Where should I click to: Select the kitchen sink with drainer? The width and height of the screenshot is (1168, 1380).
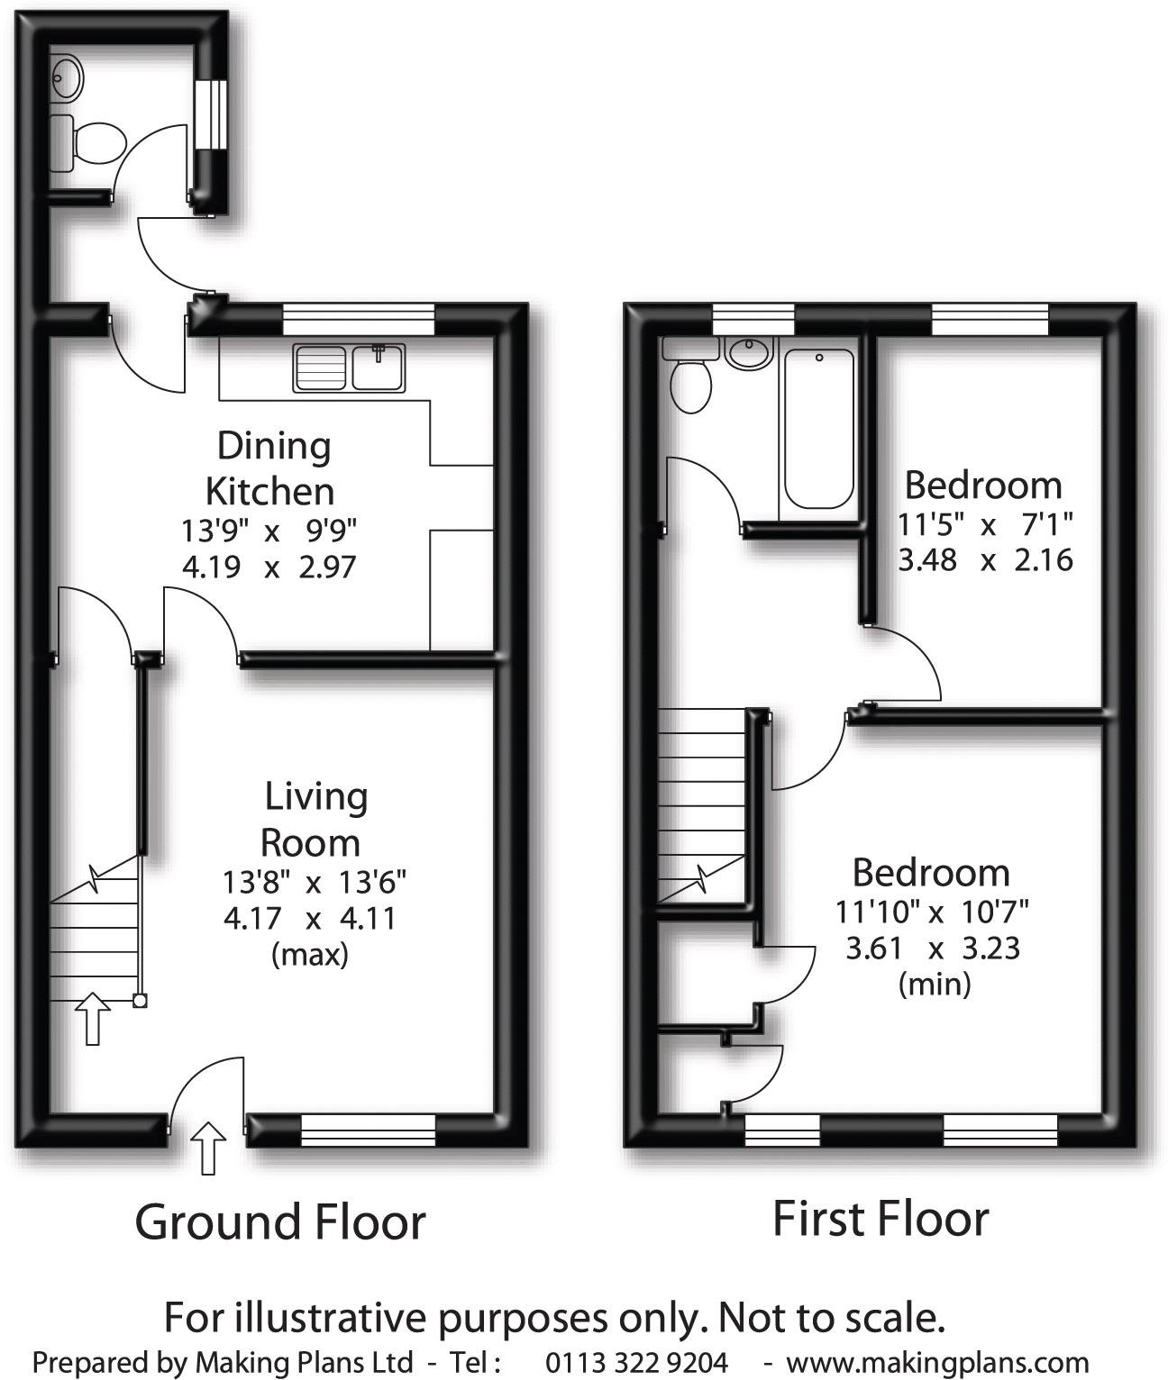[349, 368]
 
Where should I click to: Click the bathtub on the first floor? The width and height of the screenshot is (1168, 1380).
[818, 429]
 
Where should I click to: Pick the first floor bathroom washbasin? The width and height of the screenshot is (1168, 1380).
[749, 352]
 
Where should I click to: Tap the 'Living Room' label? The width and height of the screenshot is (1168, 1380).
[314, 819]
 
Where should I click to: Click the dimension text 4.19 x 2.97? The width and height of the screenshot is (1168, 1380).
[269, 567]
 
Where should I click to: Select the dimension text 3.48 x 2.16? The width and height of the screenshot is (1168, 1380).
[985, 559]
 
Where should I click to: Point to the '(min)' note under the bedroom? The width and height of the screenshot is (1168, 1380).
[935, 984]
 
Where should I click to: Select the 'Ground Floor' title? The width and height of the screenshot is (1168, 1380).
[280, 1221]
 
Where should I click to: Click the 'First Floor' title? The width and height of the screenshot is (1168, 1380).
[881, 1219]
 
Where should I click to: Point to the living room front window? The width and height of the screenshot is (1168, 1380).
[368, 1130]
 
